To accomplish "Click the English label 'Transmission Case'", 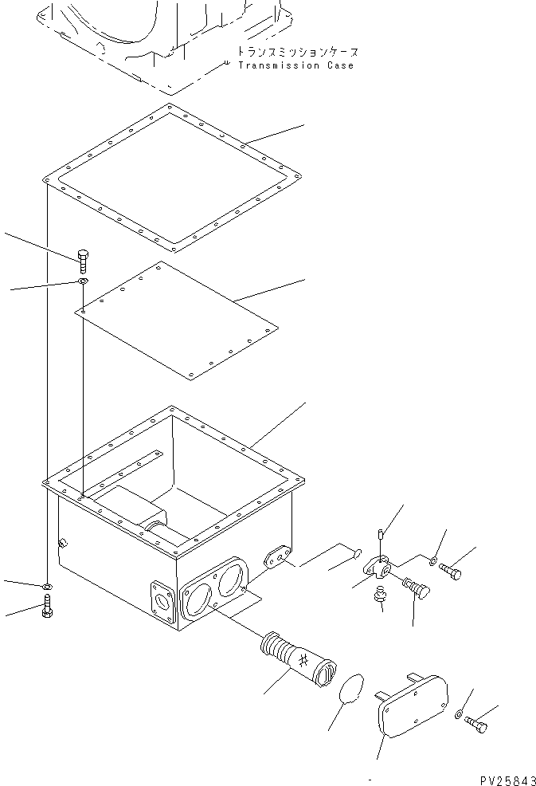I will point(295,65).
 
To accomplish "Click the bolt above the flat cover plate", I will point(82,261).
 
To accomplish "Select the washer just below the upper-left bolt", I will point(83,282).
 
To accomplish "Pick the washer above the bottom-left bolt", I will point(47,588).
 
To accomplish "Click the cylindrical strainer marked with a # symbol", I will point(297,656).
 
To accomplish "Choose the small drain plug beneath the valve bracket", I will point(377,594).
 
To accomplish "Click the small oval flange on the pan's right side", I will point(276,556).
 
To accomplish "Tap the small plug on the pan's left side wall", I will point(61,544).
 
